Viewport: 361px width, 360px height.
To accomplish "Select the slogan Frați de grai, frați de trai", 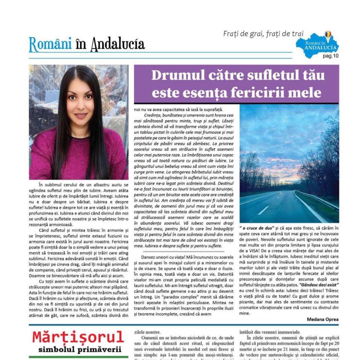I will (263, 34).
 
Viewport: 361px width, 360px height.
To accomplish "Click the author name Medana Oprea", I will (322, 319).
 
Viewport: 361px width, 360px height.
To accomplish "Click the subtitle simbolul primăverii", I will (80, 350).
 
